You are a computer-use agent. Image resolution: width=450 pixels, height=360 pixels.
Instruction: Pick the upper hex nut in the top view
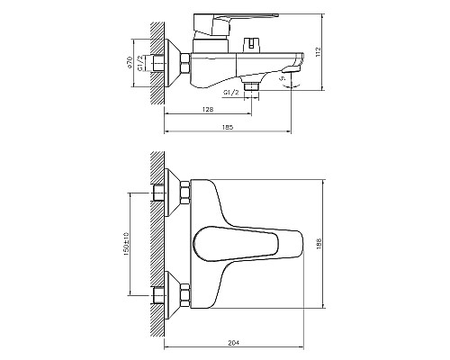click(185, 193)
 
